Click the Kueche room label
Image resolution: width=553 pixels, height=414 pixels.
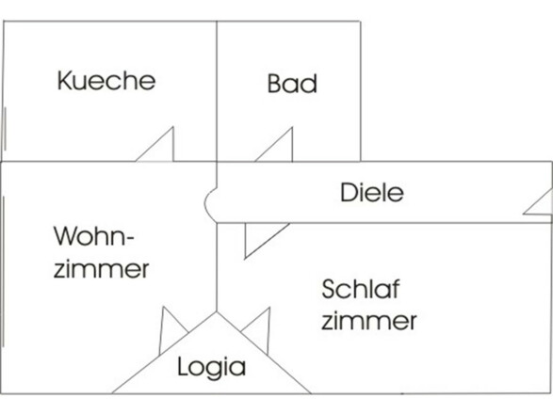pyautogui.click(x=106, y=80)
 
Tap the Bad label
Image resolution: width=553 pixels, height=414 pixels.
pyautogui.click(x=292, y=83)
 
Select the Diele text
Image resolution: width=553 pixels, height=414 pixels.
pyautogui.click(x=371, y=193)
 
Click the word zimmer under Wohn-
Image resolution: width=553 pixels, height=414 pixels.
pyautogui.click(x=103, y=269)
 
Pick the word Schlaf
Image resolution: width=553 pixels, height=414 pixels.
pyautogui.click(x=355, y=287)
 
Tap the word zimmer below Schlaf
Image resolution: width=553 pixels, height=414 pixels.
pyautogui.click(x=368, y=321)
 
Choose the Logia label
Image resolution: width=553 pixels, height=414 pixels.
pyautogui.click(x=211, y=366)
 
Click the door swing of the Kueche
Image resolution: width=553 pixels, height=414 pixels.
pyautogui.click(x=160, y=147)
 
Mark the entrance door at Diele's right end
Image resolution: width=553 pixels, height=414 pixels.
pyautogui.click(x=541, y=202)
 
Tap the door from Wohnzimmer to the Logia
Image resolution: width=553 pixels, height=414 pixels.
pyautogui.click(x=172, y=330)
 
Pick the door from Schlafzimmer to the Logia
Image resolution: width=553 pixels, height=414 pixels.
pyautogui.click(x=257, y=328)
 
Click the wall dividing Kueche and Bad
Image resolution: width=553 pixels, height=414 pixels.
pyautogui.click(x=217, y=89)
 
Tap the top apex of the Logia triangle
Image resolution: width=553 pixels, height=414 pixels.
pyautogui.click(x=217, y=312)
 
